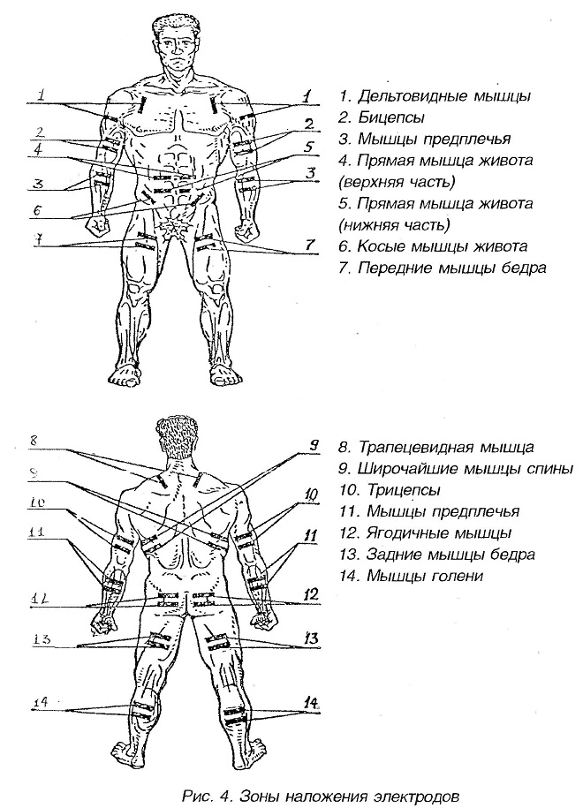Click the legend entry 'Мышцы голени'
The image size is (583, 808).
(416, 577)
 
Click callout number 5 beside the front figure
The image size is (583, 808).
(309, 147)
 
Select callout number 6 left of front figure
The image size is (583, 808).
(38, 213)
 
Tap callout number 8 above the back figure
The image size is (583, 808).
(32, 440)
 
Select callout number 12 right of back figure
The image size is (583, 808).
(309, 595)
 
